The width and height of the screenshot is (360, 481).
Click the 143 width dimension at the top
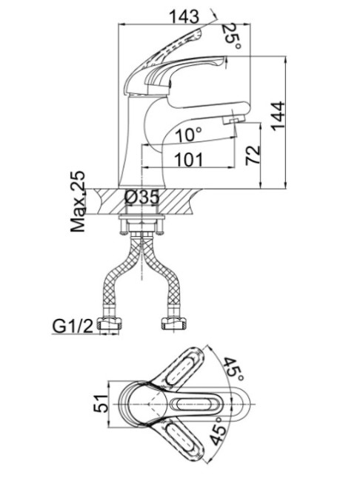[x=184, y=16]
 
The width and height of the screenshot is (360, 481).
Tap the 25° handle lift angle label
[x=232, y=36]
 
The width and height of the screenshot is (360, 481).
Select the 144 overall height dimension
[x=279, y=115]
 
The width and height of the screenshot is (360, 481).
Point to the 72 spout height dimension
[x=253, y=155]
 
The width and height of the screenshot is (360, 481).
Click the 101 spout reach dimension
[x=189, y=160]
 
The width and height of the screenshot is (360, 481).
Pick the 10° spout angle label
[x=189, y=135]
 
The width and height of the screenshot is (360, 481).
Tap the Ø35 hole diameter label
[x=142, y=198]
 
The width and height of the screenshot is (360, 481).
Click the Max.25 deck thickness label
[x=78, y=201]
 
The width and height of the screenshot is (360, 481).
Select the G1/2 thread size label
[x=73, y=326]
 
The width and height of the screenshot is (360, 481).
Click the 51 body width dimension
[x=101, y=403]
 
